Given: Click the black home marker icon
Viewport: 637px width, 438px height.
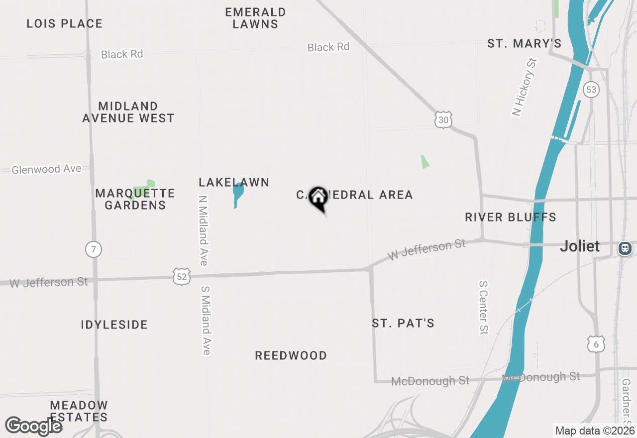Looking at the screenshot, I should coord(318,198).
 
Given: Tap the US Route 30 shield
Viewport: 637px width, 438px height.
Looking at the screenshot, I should coord(443,120).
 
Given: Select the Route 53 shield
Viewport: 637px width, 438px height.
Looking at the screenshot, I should coord(591,90).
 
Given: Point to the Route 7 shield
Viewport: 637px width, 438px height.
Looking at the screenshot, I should coord(93,249).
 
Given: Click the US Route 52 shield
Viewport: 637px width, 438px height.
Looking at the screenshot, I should coord(182,276).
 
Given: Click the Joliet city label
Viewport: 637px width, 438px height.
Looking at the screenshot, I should coord(580,246).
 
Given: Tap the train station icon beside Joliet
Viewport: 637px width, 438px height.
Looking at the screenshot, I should coord(625,248).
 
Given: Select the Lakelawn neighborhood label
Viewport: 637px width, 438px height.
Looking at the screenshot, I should coord(234,183).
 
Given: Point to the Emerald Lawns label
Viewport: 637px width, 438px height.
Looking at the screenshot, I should coord(255,18).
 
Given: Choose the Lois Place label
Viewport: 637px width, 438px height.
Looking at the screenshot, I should coord(65,23).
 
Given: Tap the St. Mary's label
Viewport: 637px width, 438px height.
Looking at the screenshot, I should coord(525,44).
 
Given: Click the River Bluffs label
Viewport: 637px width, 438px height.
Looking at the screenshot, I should coord(511,217).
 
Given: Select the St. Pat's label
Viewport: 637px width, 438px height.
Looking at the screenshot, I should coord(403,324).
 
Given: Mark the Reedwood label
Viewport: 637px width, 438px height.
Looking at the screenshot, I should coord(291,355).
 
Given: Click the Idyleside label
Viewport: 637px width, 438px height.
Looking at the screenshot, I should coord(114,325).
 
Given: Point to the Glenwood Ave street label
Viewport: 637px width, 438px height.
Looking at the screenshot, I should coord(46,170).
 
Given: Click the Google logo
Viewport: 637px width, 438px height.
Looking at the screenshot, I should coord(33,426).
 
